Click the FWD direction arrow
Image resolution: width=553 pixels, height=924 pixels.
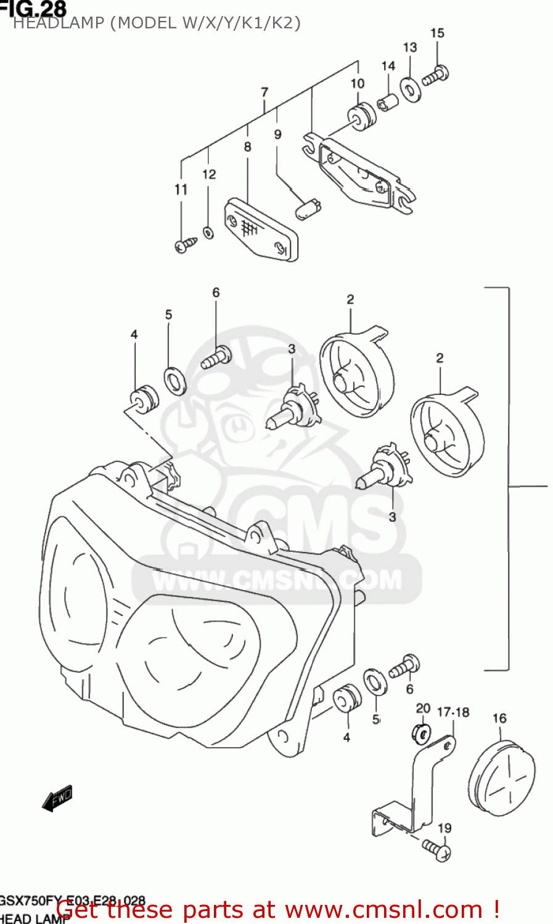tap(57, 798)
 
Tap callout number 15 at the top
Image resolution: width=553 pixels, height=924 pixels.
tap(437, 33)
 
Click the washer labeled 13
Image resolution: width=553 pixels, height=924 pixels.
tap(410, 89)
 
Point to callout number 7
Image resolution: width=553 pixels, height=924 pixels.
tap(264, 92)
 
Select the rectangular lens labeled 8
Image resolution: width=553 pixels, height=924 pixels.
tap(261, 230)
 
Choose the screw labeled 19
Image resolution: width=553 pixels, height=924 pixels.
tap(437, 850)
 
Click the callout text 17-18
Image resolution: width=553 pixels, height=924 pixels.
tap(453, 713)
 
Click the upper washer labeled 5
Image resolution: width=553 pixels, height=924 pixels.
tap(176, 381)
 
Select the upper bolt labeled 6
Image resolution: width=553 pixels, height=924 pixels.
tap(217, 357)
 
